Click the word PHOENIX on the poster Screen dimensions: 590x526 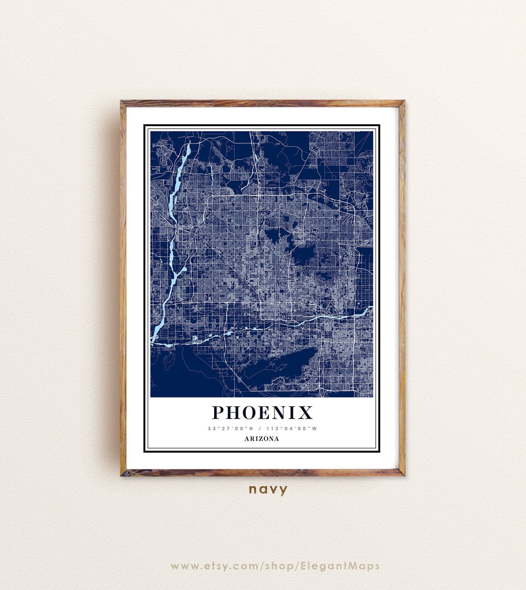(x=262, y=412)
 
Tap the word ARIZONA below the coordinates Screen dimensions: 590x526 (x=262, y=439)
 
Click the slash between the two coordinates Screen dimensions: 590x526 (x=261, y=429)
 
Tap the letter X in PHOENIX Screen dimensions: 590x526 (x=305, y=412)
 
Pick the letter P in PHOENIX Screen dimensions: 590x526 (x=219, y=412)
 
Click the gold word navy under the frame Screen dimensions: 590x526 (x=268, y=489)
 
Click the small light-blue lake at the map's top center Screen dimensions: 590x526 (x=256, y=159)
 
